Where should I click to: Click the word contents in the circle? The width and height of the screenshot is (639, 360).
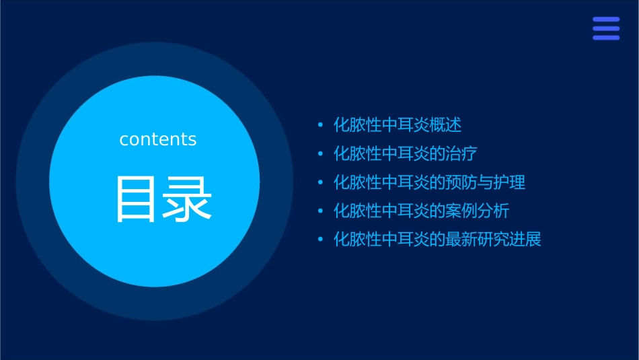click(x=158, y=139)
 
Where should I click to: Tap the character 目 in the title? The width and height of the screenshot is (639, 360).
click(x=137, y=199)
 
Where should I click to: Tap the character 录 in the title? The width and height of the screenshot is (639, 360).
click(x=188, y=199)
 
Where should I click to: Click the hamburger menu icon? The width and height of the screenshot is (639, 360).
click(x=605, y=29)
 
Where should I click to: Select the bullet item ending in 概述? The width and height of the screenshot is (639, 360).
click(x=398, y=125)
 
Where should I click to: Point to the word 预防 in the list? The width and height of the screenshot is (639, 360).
click(x=461, y=182)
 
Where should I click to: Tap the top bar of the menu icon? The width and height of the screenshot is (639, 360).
click(x=605, y=20)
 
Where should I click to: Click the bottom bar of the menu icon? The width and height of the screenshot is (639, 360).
click(x=605, y=38)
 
